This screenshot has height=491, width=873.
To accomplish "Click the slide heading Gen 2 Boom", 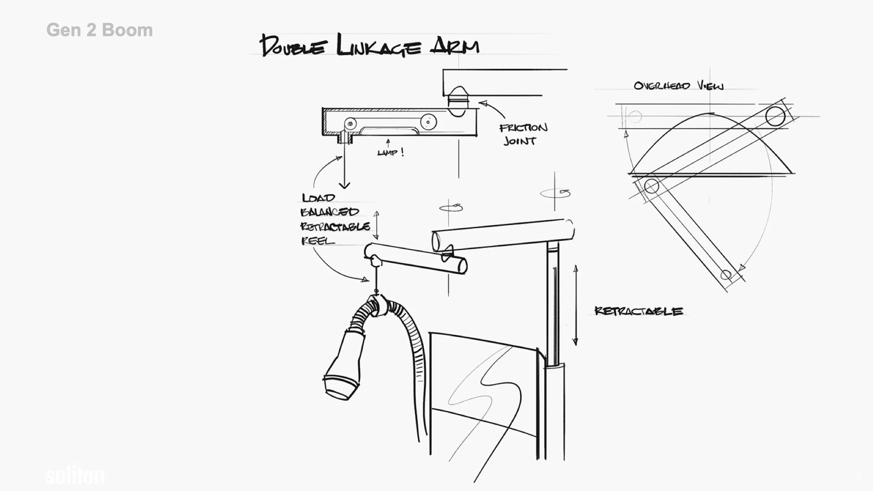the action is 99,30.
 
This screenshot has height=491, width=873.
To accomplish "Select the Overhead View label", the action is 678,85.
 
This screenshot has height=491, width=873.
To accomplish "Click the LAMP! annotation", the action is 390,152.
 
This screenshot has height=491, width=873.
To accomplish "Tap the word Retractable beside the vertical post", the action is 638,311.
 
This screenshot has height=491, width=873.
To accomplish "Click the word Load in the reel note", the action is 318,198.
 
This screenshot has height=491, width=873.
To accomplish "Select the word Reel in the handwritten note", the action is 317,240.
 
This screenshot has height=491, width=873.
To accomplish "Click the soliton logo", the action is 75,475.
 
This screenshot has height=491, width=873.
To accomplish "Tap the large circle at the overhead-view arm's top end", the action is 775,116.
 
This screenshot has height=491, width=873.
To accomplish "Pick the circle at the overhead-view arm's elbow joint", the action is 652,186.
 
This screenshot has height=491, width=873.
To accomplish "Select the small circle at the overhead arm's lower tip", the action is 726,275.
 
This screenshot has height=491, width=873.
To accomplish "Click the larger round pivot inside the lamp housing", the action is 428,121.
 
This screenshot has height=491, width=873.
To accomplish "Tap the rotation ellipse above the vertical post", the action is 555,193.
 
